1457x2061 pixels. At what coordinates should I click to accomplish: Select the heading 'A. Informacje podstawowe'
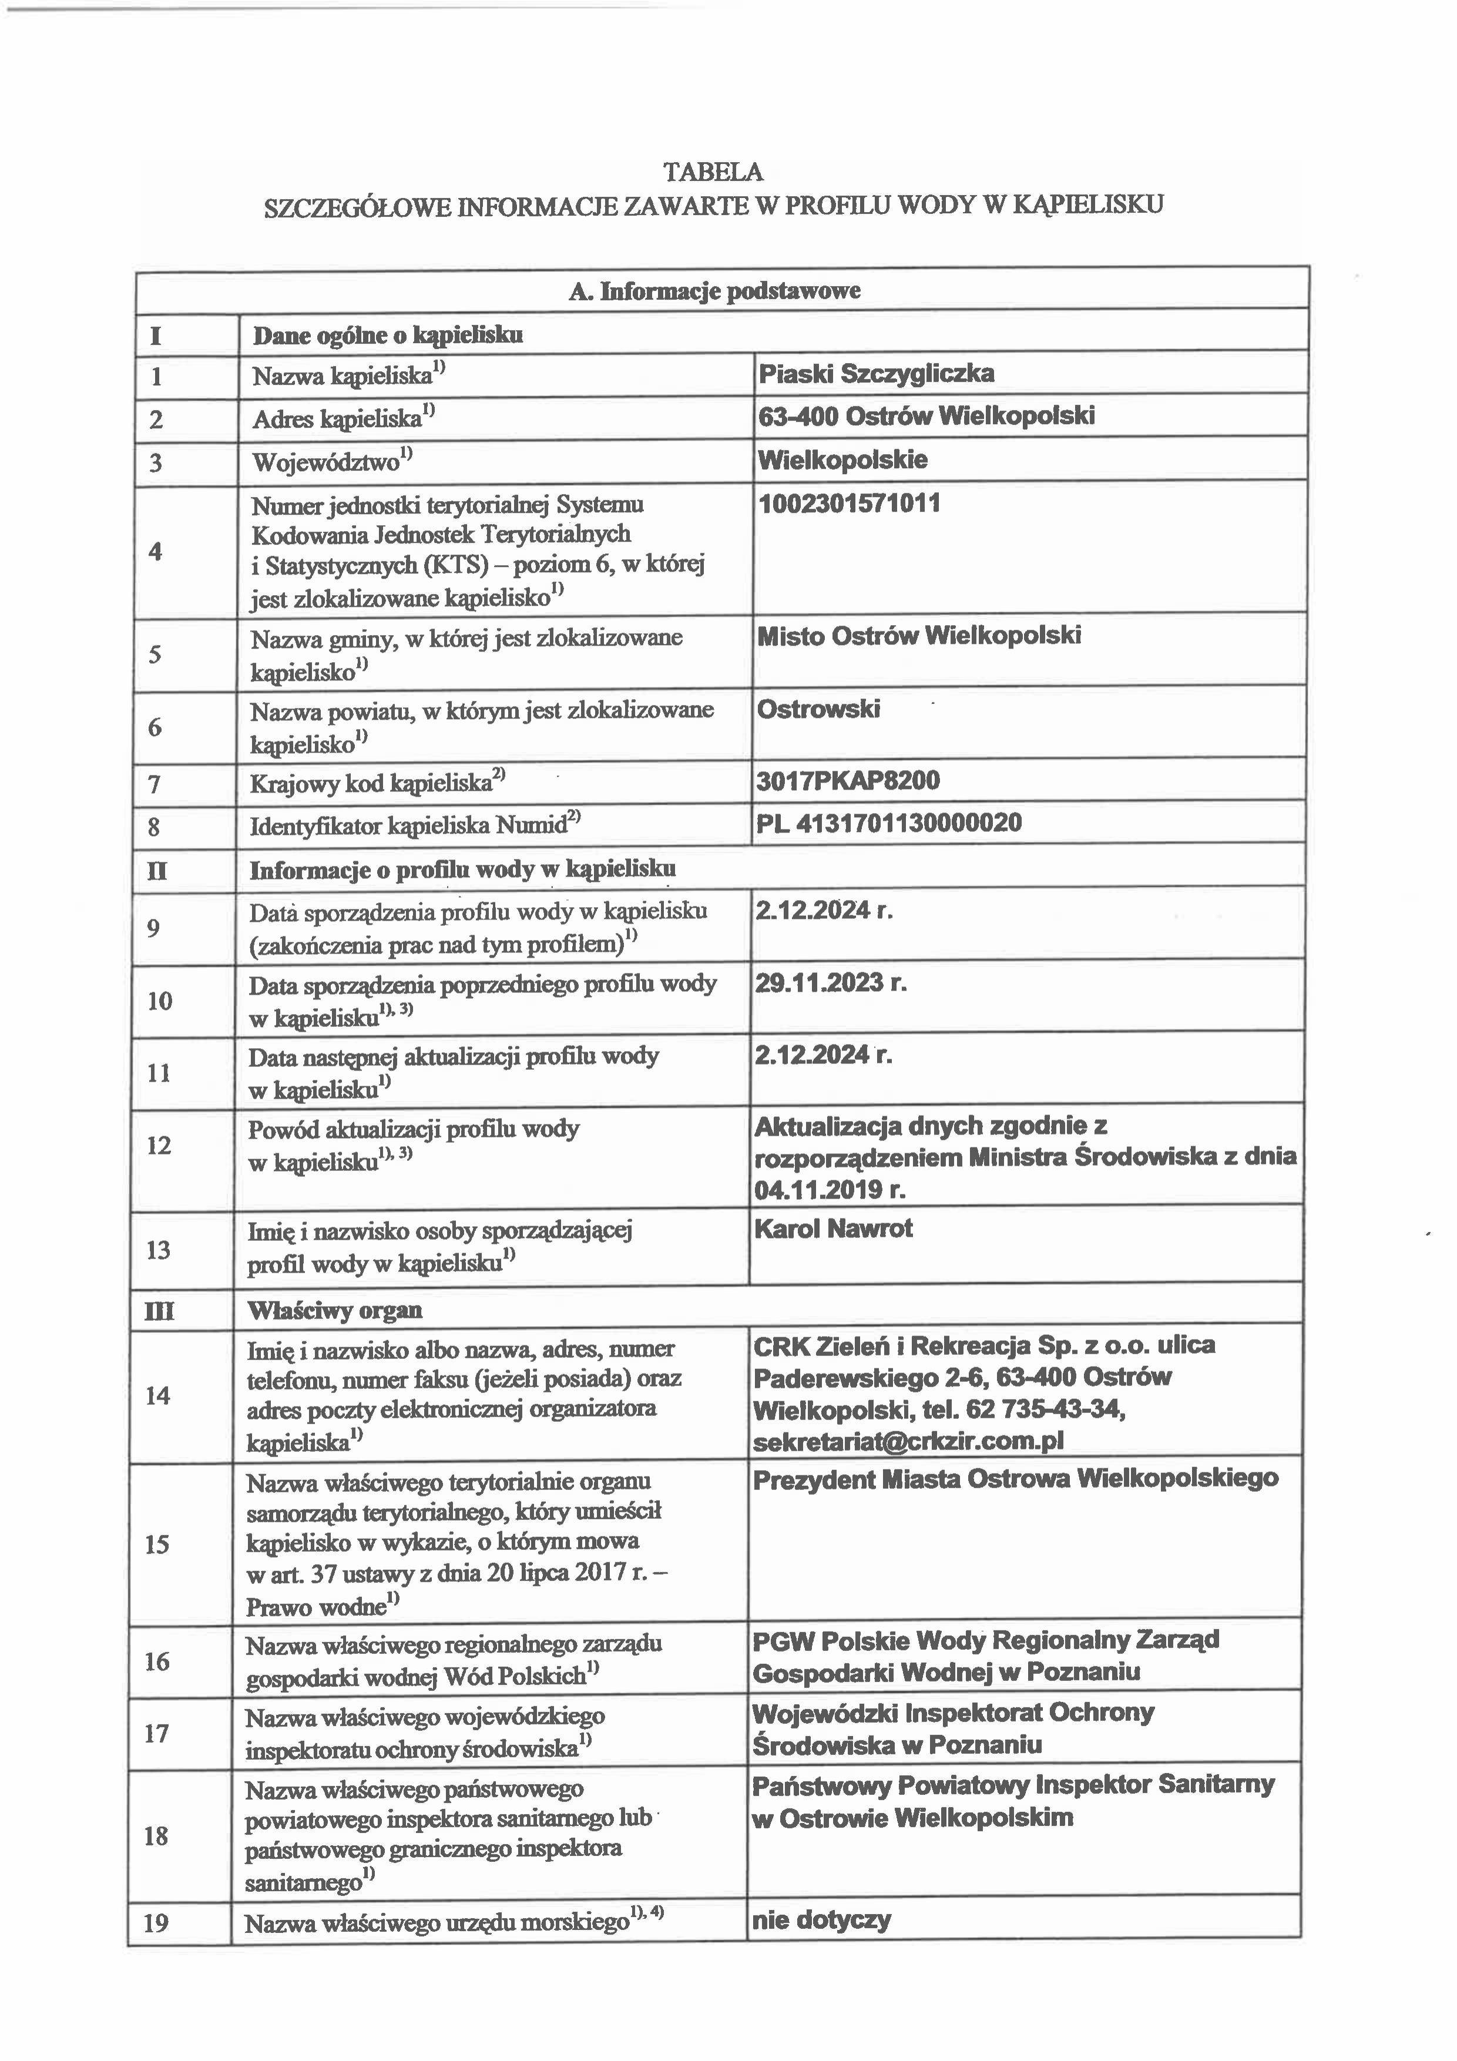coord(714,290)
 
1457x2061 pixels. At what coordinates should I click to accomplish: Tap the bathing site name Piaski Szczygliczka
coord(876,374)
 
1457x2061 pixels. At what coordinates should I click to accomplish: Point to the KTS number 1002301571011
coord(850,503)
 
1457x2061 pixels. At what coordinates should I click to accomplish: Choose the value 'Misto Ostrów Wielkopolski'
coord(918,636)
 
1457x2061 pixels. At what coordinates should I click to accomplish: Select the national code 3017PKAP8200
coord(847,780)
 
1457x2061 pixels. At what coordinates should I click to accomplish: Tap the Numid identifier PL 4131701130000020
coord(889,823)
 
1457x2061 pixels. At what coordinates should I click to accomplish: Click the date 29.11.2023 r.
coord(830,983)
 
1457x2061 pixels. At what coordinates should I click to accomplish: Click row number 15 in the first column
coord(157,1544)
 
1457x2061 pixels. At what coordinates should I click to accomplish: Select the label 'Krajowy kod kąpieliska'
coord(371,784)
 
